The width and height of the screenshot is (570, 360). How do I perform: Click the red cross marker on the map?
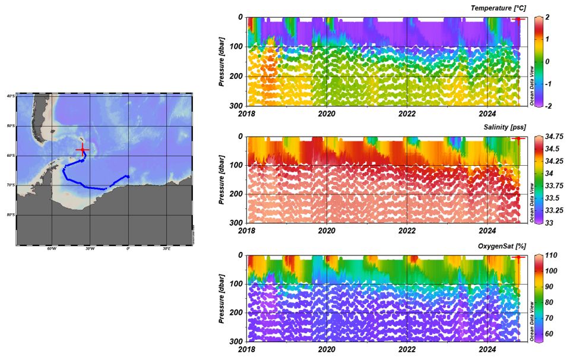click(x=82, y=149)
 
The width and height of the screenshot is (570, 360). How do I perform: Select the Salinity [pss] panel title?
click(x=504, y=127)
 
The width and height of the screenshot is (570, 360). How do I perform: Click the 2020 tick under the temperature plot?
click(x=327, y=112)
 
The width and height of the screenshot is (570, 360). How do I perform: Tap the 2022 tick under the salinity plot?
click(x=407, y=231)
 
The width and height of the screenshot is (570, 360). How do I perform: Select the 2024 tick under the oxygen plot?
click(x=487, y=350)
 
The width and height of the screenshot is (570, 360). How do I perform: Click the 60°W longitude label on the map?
click(x=51, y=248)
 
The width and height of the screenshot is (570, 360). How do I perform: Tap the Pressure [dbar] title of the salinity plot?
click(x=222, y=179)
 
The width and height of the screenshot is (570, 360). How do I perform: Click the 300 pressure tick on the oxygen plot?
click(x=236, y=342)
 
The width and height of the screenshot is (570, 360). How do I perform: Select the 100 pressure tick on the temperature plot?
click(x=236, y=47)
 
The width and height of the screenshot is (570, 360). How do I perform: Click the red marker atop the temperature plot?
click(x=518, y=19)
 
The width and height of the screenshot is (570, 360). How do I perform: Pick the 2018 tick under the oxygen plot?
click(x=246, y=350)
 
